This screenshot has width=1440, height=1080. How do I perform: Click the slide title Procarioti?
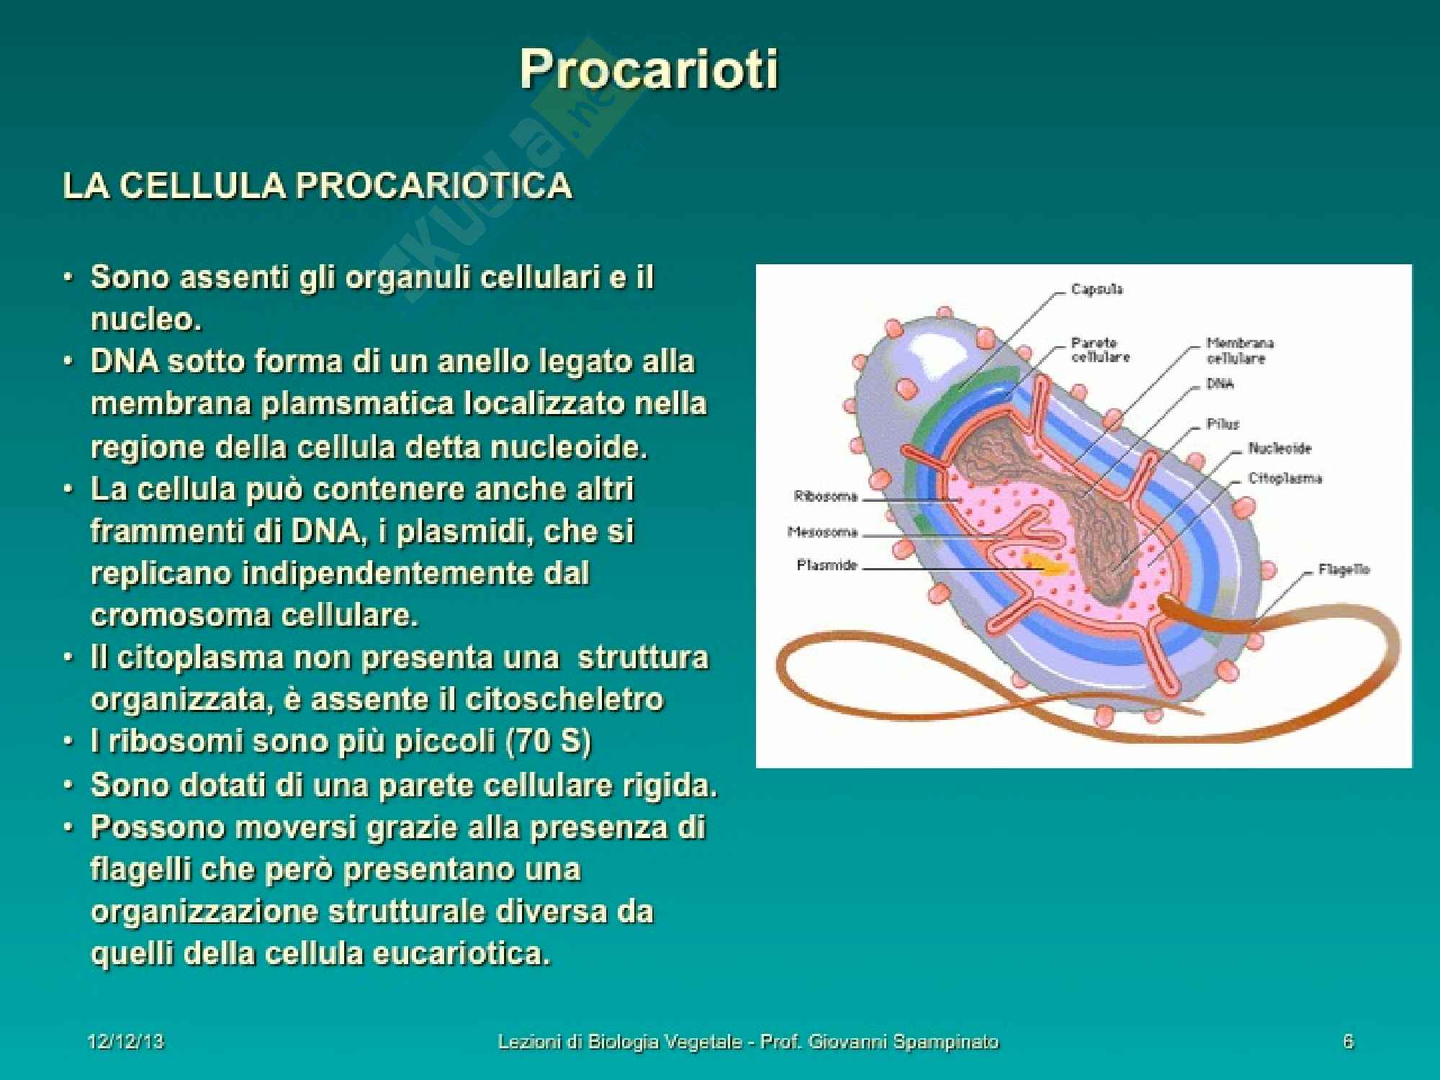click(649, 70)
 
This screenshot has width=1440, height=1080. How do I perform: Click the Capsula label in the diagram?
click(1097, 289)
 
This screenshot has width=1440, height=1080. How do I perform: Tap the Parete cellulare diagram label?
click(1100, 350)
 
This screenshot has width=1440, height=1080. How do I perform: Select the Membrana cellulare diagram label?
click(1240, 351)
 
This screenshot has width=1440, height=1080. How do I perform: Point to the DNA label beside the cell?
click(1220, 384)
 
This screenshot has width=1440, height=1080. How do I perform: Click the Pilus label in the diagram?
click(1223, 424)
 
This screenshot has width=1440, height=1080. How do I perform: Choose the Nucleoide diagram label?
click(1279, 448)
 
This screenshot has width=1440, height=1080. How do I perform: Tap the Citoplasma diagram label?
click(1284, 478)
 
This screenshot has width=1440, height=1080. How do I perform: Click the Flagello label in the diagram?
click(1344, 570)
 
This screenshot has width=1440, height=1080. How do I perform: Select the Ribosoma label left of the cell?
click(825, 496)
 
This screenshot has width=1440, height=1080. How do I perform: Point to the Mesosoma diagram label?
click(822, 532)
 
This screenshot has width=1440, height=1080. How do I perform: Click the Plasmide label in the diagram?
click(827, 565)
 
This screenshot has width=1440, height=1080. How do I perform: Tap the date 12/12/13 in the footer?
click(125, 1042)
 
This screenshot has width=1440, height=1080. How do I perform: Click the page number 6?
click(1349, 1042)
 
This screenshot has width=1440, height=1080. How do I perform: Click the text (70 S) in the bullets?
click(549, 742)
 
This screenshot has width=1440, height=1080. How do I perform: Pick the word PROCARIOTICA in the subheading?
click(434, 186)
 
